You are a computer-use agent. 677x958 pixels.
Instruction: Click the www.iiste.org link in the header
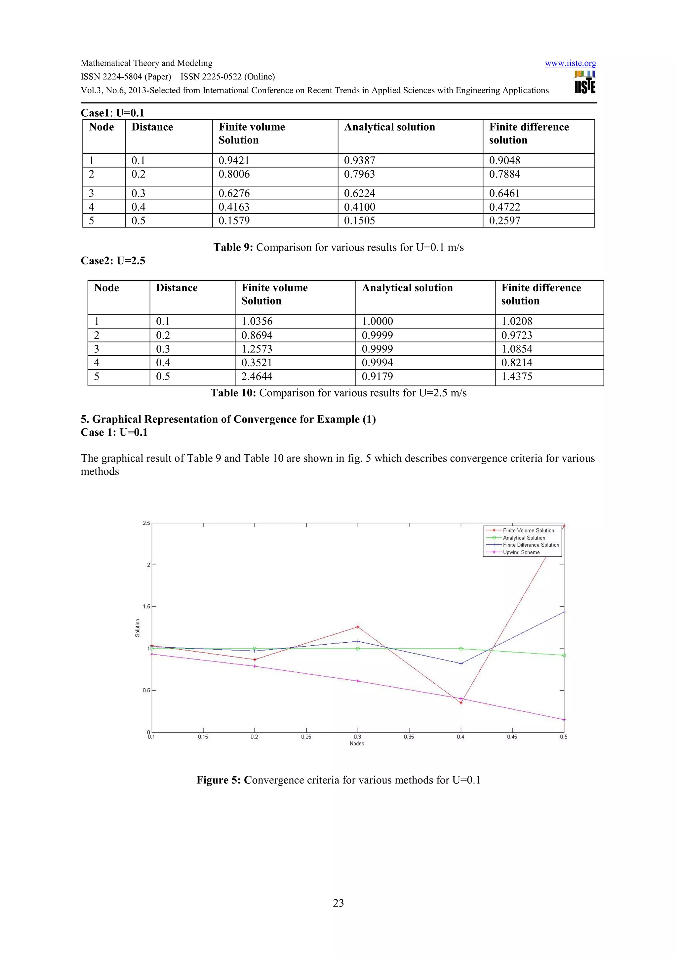(570, 63)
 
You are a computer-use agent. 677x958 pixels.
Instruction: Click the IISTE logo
(585, 82)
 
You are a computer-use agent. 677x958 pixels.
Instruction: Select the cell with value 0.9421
(234, 160)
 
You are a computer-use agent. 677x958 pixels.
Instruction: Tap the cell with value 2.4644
(257, 376)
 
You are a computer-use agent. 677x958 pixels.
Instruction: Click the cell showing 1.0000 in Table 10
(377, 321)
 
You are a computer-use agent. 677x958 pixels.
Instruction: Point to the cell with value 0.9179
(377, 376)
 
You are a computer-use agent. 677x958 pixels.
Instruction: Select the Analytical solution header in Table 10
(407, 288)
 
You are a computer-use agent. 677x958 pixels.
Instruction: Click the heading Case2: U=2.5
(113, 261)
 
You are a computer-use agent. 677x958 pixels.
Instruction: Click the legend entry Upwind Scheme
(521, 552)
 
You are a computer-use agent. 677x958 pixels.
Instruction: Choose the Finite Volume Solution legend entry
(528, 530)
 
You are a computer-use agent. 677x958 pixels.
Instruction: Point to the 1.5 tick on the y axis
(146, 606)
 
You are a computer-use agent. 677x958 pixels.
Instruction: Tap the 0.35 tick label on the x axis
(409, 737)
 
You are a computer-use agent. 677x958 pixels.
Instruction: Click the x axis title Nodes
(357, 743)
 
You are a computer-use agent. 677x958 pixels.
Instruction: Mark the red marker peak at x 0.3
(357, 627)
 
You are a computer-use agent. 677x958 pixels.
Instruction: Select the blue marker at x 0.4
(461, 663)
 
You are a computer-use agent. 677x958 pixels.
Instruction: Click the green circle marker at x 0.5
(564, 656)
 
